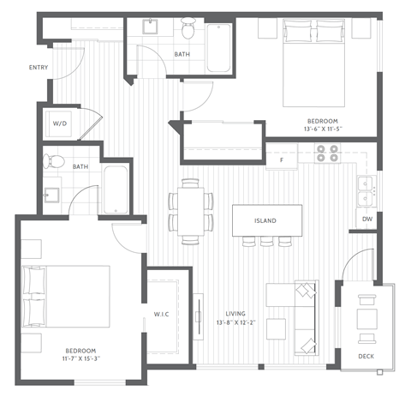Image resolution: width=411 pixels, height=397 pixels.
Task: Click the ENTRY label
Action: point(38,67)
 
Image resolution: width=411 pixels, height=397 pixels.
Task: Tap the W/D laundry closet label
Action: point(61,123)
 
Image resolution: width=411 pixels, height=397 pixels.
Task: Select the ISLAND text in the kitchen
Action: point(265,220)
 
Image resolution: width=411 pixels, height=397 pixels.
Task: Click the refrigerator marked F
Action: point(280,159)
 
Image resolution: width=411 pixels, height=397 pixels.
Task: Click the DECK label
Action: point(366,355)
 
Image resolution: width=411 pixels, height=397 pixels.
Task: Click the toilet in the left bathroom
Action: point(56,159)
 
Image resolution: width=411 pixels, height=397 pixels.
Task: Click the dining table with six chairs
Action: point(191,211)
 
